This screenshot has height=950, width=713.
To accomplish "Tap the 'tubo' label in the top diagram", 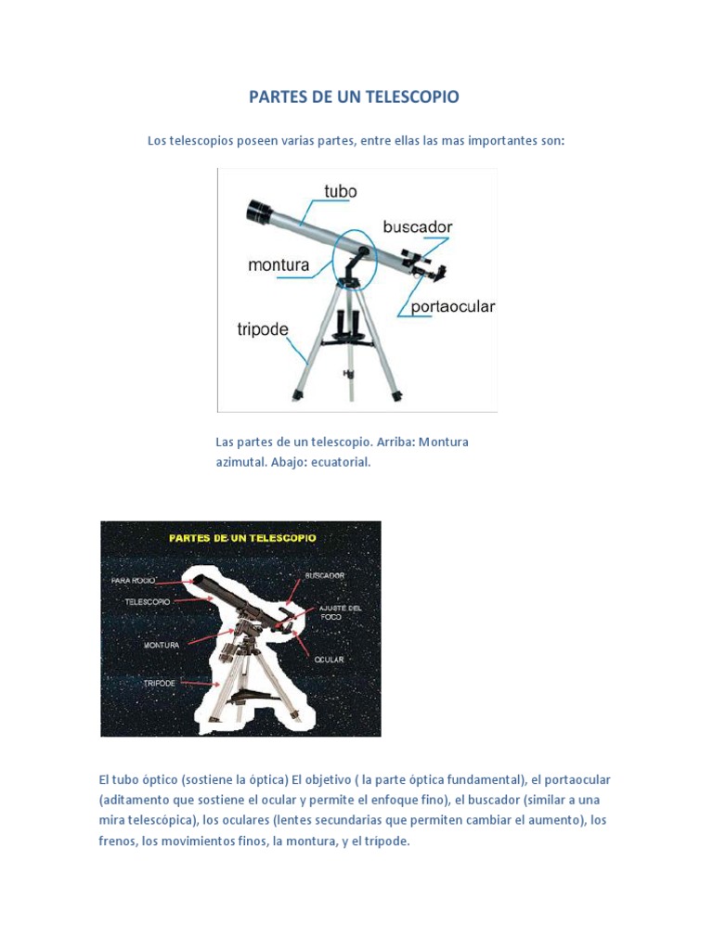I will (x=340, y=191).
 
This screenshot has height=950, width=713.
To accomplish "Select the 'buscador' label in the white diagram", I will (x=418, y=226).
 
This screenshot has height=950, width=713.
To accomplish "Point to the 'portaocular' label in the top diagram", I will (x=453, y=307).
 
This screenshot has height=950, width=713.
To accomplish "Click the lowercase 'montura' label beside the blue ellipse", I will (x=279, y=265).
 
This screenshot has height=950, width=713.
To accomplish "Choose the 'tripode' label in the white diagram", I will (x=263, y=329).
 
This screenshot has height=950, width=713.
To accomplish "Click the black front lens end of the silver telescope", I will (x=257, y=212).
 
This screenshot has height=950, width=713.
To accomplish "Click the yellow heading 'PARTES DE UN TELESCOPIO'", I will (x=241, y=537).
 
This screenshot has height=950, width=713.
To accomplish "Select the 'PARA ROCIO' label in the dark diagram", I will (x=132, y=581).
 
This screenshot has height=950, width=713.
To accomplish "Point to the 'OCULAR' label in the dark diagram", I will (x=330, y=660).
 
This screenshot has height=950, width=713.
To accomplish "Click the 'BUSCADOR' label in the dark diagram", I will (x=325, y=575).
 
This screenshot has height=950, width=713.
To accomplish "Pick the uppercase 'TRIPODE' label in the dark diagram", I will (x=160, y=683).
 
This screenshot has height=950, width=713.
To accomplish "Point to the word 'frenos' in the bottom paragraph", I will (x=118, y=841).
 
